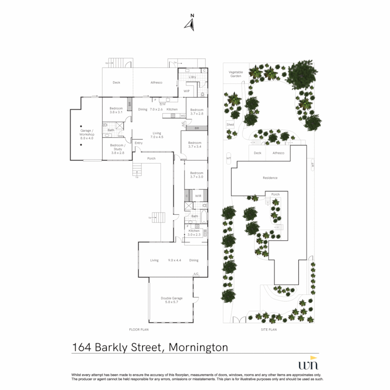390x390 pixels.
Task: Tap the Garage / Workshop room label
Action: [87, 134]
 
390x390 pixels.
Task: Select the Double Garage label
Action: [172, 300]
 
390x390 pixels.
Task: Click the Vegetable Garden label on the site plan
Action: [235, 74]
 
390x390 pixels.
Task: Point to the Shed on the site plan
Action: [230, 124]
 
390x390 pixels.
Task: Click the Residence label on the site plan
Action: [270, 178]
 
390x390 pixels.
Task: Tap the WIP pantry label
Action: [187, 91]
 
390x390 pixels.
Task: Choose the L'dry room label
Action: [192, 77]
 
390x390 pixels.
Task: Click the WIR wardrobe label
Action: [198, 196]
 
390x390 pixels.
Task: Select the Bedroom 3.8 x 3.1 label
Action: [116, 110]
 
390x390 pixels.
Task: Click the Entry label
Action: [139, 143]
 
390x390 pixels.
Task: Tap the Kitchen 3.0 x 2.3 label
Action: [194, 233]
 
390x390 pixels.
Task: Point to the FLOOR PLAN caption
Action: [139, 330]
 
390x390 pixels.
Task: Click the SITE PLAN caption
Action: [269, 330]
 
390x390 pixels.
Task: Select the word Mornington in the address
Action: [198, 347]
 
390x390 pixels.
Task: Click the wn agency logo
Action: [309, 363]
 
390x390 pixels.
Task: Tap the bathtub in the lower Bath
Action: [204, 217]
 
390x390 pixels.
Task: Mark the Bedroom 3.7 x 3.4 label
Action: [195, 145]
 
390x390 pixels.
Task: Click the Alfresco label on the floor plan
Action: [156, 83]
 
